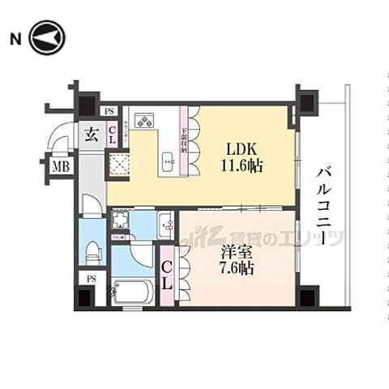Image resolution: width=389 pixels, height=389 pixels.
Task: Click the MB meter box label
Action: coord(60,168)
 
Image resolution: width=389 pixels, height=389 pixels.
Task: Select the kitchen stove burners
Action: coord(144,122)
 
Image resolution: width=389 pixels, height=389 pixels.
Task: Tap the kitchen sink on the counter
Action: coord(170,161)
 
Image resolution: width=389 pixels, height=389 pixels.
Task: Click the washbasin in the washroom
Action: coord(165,221)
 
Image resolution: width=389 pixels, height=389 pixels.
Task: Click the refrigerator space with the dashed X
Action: coord(119,165)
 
